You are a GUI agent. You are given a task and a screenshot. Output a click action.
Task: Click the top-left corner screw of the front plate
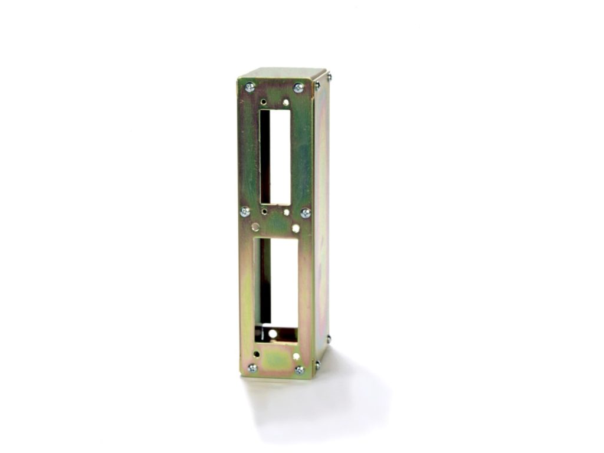pos(250,87)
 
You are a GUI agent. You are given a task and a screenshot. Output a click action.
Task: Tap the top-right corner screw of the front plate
pos(298,87)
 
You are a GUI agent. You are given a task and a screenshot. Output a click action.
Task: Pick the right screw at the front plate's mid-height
pos(306,212)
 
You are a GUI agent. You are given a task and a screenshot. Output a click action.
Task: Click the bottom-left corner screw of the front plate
pos(252,368)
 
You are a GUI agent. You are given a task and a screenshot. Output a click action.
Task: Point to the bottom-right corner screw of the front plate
pos(300,370)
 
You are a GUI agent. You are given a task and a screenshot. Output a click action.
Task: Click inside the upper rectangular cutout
pos(274,156)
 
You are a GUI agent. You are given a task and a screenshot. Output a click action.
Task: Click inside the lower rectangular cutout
pos(275,283)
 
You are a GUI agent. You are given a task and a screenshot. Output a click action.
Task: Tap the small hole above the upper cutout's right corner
pos(286,102)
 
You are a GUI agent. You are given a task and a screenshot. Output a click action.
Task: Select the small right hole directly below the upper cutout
pos(286,211)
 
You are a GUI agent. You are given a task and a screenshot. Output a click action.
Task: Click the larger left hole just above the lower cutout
pos(255,226)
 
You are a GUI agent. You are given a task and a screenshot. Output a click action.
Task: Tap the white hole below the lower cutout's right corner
pos(296,356)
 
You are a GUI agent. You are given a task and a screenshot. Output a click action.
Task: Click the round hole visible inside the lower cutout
pos(273,334)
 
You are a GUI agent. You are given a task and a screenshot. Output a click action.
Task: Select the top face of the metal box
pos(283,73)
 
